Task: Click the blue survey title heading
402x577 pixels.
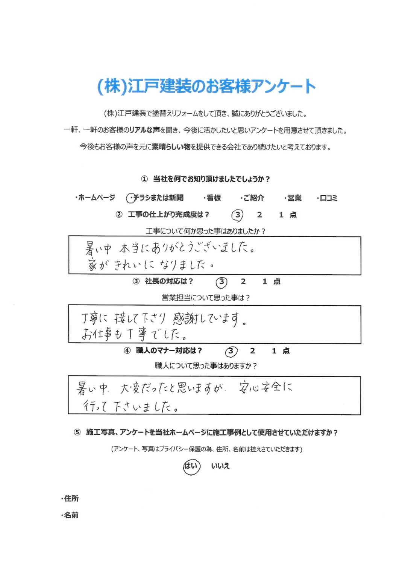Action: tap(206, 86)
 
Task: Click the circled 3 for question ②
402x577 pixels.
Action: tap(237, 215)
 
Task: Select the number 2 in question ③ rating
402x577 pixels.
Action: tap(243, 282)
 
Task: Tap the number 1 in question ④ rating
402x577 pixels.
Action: tap(274, 351)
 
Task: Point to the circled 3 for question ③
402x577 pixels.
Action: tap(221, 282)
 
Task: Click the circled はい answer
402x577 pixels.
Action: tap(191, 466)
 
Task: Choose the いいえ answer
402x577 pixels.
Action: tap(220, 466)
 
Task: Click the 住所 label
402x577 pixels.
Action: tap(71, 498)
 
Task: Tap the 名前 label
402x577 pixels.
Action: tap(71, 515)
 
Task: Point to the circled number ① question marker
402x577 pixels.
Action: tap(144, 179)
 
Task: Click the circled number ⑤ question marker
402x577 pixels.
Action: tap(77, 432)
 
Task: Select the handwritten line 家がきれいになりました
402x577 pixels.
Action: tap(150, 264)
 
